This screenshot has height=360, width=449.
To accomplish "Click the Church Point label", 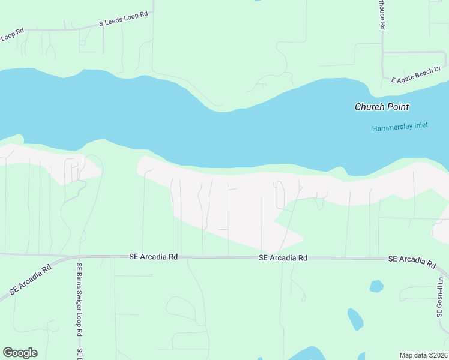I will [382, 107].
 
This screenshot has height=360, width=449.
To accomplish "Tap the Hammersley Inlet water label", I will [400, 128].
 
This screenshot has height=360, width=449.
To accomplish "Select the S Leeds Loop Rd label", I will [123, 19].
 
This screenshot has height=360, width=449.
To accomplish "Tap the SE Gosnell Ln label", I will [440, 298].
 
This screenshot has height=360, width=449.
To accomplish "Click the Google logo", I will [20, 353].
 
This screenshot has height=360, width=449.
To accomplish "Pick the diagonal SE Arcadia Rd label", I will [30, 280].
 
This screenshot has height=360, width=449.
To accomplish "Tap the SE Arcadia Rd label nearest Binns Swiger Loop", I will [154, 256].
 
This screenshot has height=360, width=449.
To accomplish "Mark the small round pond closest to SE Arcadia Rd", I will [376, 286].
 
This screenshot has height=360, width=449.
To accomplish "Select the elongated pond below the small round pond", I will [355, 319].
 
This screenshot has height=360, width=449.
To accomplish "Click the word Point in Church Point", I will [397, 107].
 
